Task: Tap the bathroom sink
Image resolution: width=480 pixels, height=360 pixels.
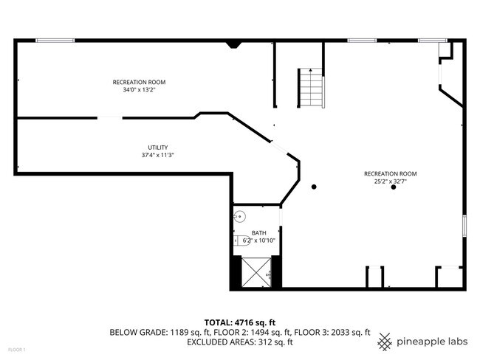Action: (x=239, y=217)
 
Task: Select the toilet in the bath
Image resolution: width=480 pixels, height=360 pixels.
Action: (x=243, y=239)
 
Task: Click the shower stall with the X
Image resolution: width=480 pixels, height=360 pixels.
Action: (x=256, y=271)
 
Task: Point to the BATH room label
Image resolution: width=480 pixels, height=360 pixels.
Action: (x=258, y=232)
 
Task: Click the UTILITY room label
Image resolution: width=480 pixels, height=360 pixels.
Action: (x=157, y=147)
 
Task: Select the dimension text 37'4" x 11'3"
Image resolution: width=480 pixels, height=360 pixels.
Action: (x=157, y=155)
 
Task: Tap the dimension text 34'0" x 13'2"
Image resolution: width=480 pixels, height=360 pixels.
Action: (x=139, y=90)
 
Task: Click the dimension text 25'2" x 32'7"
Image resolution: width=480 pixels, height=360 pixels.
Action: (x=390, y=182)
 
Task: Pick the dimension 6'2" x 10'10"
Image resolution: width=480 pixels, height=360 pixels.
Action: (x=258, y=240)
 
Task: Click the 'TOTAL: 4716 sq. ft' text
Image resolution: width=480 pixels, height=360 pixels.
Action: (x=239, y=322)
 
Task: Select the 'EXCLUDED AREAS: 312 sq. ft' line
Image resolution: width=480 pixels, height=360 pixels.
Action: (x=239, y=342)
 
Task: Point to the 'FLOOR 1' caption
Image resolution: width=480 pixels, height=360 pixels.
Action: (x=16, y=349)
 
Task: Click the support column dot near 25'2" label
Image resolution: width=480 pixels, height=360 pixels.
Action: (x=394, y=187)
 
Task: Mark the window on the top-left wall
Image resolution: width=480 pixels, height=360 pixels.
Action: (x=55, y=41)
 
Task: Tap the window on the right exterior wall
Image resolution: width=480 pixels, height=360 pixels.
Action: (x=464, y=225)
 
